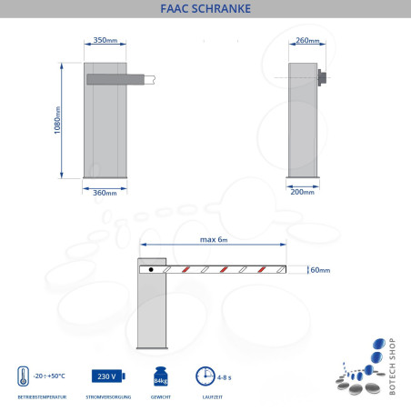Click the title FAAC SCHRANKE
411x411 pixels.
(x=205, y=10)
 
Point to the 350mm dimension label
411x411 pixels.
(x=105, y=41)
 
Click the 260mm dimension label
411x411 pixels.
(x=308, y=41)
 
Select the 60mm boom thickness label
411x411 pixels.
(x=320, y=270)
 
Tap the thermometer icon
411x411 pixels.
(x=22, y=376)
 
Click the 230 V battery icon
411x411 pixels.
(x=105, y=376)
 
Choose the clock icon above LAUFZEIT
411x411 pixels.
(x=205, y=376)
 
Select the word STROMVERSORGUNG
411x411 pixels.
(x=107, y=398)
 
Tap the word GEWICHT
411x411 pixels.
(x=161, y=398)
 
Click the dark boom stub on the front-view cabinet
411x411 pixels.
(x=115, y=80)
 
